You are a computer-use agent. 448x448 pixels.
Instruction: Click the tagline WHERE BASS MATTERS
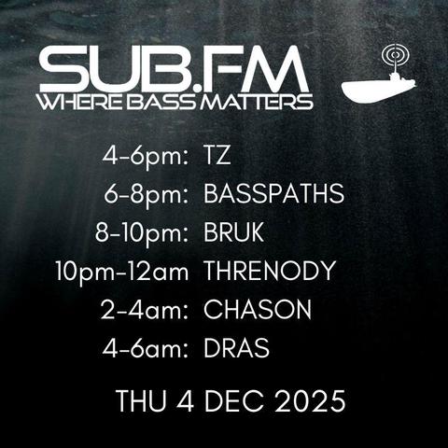coord(175,101)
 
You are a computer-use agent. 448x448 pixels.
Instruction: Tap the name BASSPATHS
coord(273,194)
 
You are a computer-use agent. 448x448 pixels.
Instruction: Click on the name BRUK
coord(233,232)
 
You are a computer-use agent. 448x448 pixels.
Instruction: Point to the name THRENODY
coord(269,272)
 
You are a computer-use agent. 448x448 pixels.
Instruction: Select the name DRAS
coord(236,349)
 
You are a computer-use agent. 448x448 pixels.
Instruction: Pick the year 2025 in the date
coord(309,401)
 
